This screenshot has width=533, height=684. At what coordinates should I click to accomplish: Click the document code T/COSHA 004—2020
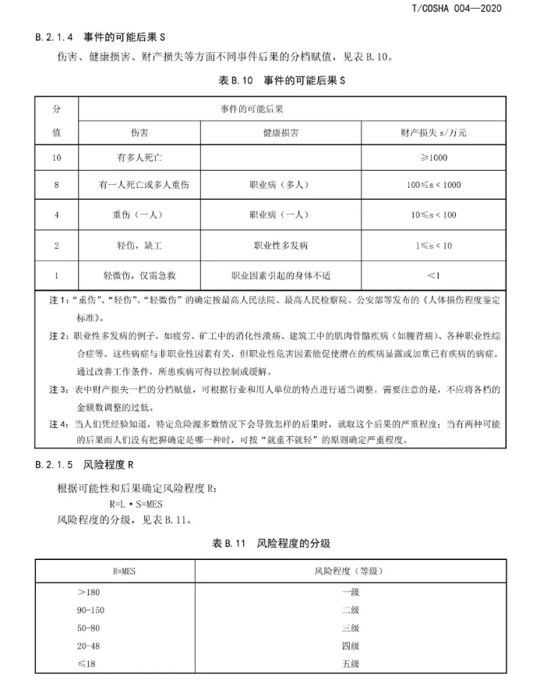[455, 9]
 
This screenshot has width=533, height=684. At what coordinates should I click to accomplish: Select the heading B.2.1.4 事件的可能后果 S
[102, 37]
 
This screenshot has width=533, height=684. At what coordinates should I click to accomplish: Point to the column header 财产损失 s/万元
[433, 133]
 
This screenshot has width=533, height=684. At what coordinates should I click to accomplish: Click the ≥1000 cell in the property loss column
[433, 158]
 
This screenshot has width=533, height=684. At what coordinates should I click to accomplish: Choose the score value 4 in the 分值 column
[57, 214]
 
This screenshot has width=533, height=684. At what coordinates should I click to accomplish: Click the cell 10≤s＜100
[433, 214]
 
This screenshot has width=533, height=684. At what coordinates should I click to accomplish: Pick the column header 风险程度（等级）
[350, 572]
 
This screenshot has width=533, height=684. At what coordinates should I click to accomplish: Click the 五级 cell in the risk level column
[350, 664]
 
